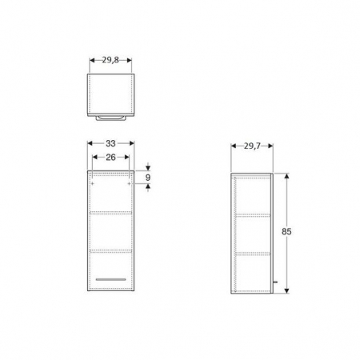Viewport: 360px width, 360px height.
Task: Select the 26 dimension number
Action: [x=111, y=156]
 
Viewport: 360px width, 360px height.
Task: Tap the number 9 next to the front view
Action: [x=149, y=178]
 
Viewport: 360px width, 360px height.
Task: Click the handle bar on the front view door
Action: [x=111, y=278]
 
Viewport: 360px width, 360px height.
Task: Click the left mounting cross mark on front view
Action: [x=93, y=183]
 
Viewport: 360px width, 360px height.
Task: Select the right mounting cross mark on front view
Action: [x=130, y=183]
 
